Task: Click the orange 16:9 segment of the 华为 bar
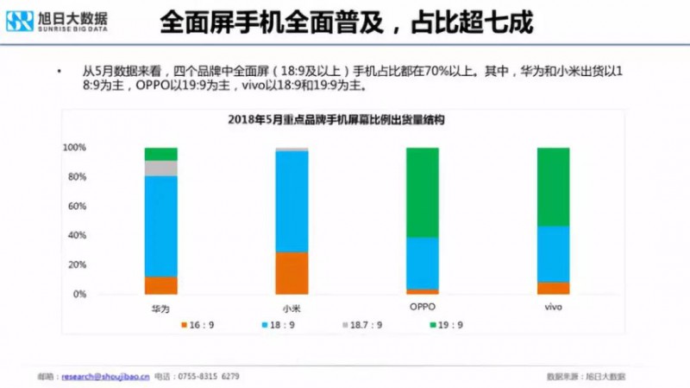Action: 160,285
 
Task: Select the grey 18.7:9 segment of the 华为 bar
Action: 160,168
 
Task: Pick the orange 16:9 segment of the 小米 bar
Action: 292,272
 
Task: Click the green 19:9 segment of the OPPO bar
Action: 422,192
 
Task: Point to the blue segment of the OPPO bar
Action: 422,263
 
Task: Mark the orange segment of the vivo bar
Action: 553,288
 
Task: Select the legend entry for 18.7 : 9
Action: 361,325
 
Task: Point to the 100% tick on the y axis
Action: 74,148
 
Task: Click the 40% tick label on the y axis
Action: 76,236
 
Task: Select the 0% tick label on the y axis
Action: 78,295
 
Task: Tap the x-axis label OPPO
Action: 422,307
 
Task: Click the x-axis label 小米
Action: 292,308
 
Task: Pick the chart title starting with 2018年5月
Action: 343,119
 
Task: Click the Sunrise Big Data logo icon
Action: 19,21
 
